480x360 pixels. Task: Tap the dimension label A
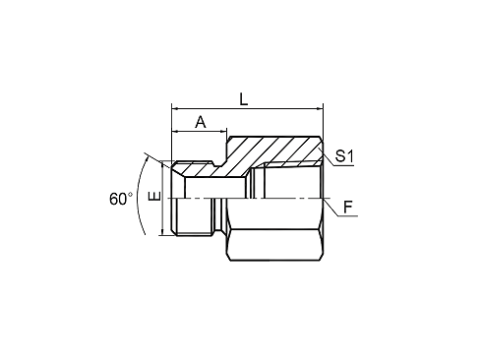[x=200, y=123]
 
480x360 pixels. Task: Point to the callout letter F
[x=347, y=208]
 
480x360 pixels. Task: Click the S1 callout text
[x=344, y=156]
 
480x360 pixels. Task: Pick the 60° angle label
[x=120, y=198]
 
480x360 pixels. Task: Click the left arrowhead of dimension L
[x=175, y=108]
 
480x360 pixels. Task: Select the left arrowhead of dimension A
[x=175, y=134]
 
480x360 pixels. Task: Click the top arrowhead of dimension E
[x=161, y=164]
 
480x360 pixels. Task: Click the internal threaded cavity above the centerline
[x=285, y=182]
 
